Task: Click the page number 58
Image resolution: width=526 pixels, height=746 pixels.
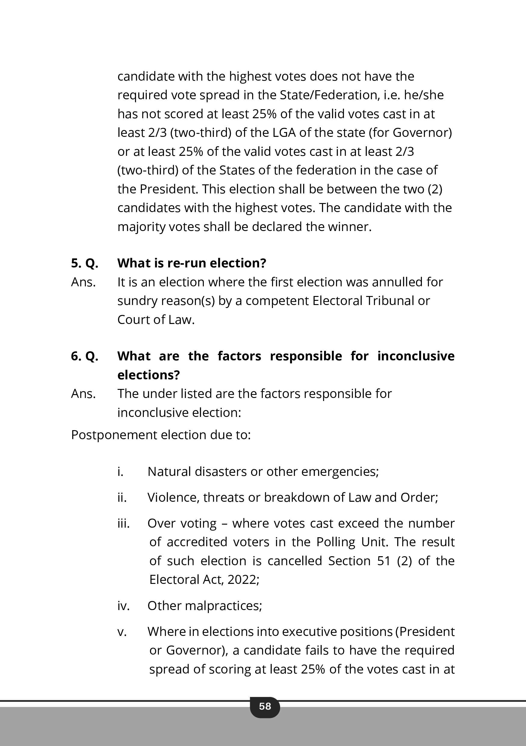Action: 265,706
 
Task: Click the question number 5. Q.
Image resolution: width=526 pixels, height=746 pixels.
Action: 85,263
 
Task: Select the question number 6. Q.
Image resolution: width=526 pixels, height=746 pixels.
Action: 85,356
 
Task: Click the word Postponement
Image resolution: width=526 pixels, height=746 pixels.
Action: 114,435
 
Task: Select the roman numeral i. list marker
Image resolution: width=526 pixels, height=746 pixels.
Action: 121,471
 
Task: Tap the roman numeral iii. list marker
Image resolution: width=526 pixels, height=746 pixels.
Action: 124,523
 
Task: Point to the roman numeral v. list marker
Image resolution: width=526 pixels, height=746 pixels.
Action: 122,632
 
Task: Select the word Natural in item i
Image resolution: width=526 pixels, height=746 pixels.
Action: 169,471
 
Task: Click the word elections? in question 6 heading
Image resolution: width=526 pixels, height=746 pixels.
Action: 148,375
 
